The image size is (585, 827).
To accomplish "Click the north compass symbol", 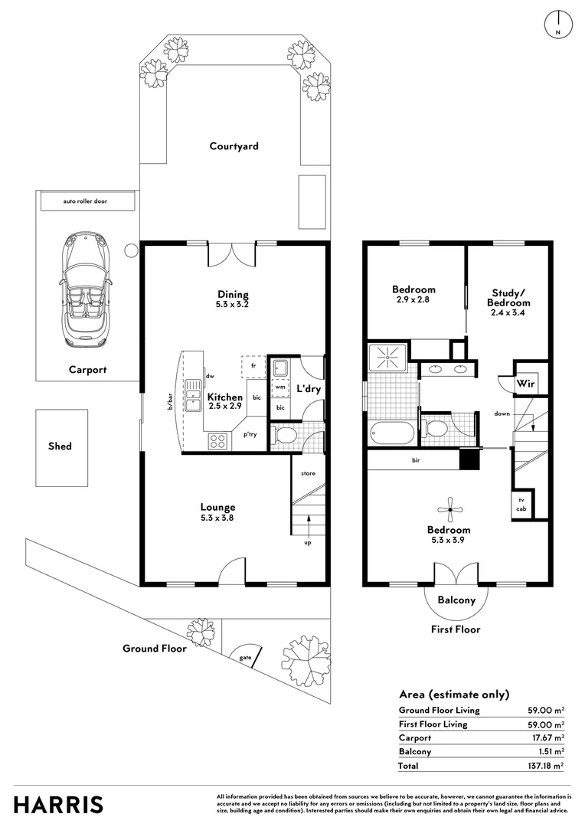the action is (558, 24).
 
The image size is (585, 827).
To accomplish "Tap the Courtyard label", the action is (234, 146).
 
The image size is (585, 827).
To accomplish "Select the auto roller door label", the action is (85, 201).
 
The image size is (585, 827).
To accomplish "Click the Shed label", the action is (60, 446).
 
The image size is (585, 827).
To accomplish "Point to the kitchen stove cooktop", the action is (218, 440).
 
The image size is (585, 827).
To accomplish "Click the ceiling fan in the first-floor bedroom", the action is (450, 509).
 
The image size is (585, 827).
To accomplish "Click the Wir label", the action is (525, 384).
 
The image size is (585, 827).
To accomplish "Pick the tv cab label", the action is (521, 505).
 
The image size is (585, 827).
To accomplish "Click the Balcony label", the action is (456, 600).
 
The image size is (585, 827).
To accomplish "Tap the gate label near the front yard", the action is (245, 658).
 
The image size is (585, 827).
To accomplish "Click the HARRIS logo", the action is (58, 806).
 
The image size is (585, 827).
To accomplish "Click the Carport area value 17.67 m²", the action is (547, 737).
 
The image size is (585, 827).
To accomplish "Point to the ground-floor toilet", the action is (284, 436).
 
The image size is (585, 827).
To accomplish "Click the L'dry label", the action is (309, 389).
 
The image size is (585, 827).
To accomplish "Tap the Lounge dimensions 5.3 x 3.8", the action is (217, 518).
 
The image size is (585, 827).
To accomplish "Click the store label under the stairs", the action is (308, 473).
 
